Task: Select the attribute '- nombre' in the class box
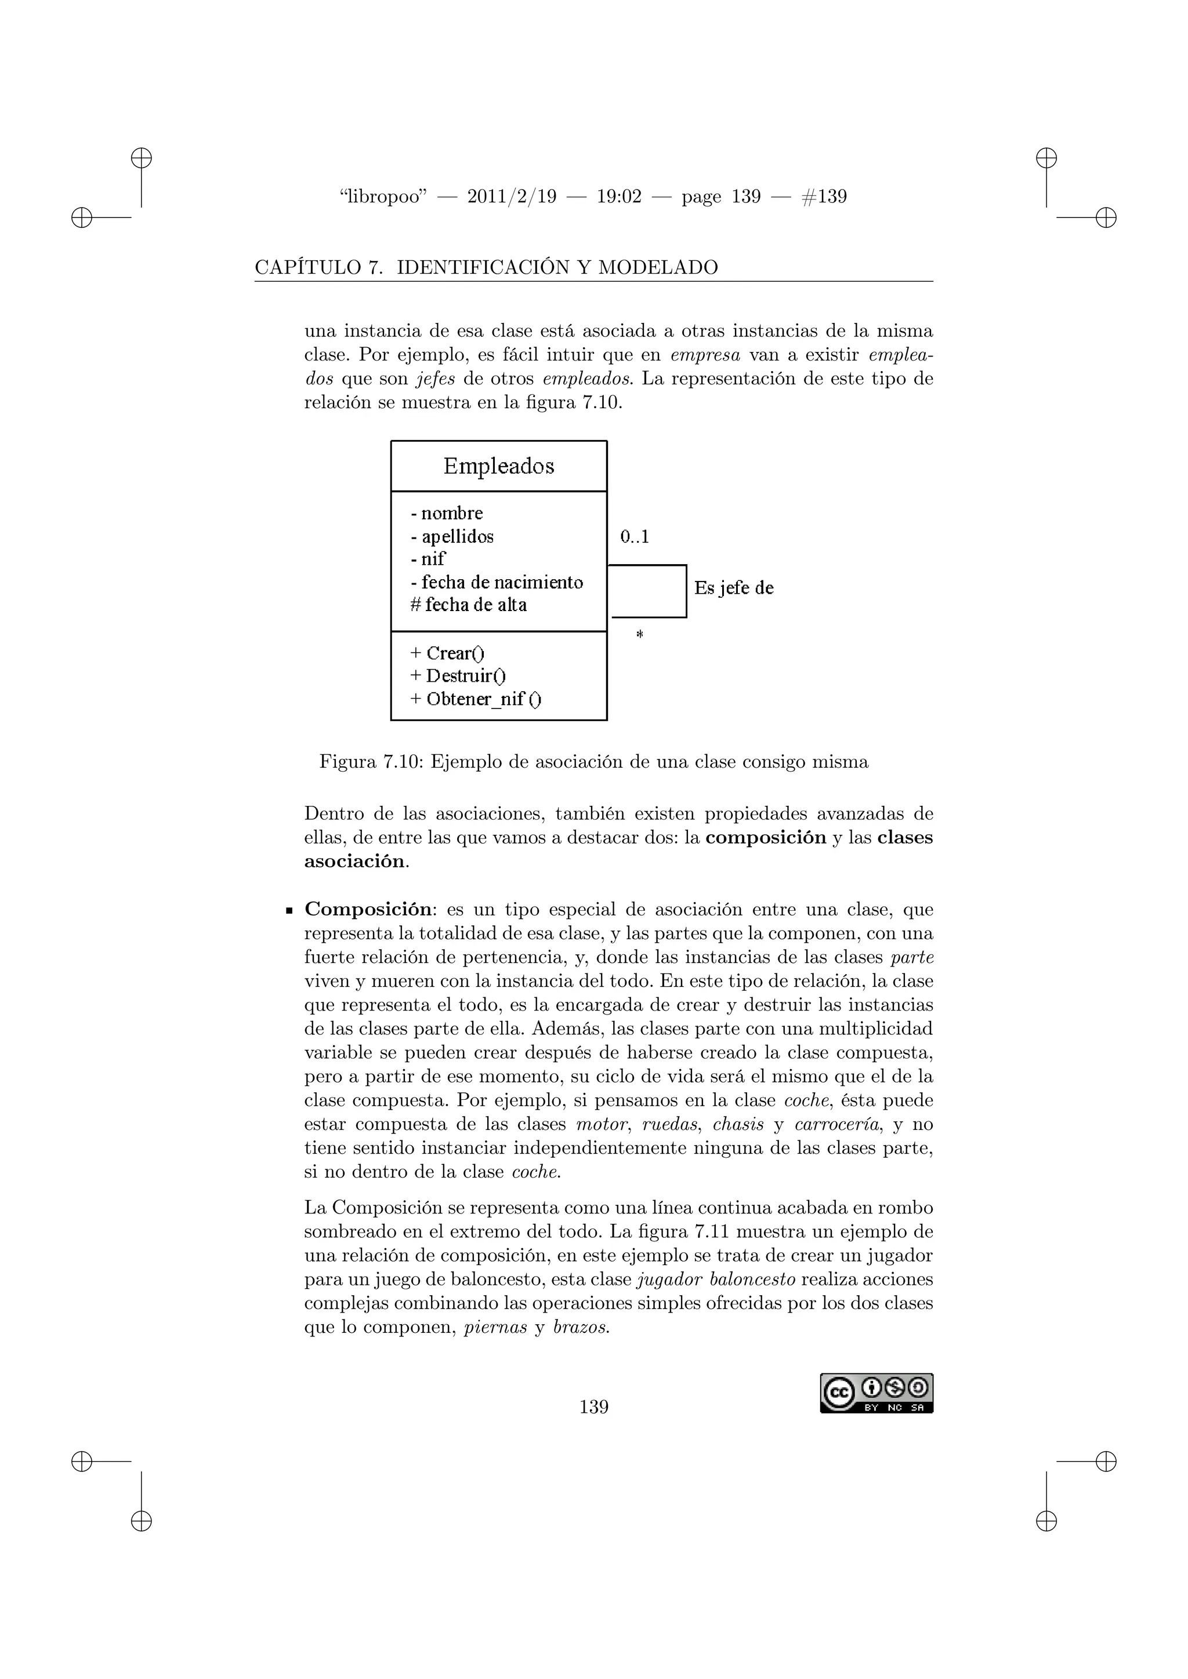coord(447,513)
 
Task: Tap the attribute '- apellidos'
coord(452,536)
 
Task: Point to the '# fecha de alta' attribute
coord(468,605)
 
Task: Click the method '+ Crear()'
coord(447,653)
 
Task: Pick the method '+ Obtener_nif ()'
coord(476,699)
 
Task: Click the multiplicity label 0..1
coord(634,537)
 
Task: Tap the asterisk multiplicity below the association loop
coord(639,634)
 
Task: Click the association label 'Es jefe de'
coord(733,588)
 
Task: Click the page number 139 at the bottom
coord(593,1407)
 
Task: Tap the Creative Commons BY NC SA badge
coord(876,1393)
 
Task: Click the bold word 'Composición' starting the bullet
coord(368,910)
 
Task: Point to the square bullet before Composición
coord(289,911)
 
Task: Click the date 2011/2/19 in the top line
coord(511,197)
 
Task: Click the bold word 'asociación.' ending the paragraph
coord(356,862)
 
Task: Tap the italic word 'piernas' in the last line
coord(495,1327)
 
